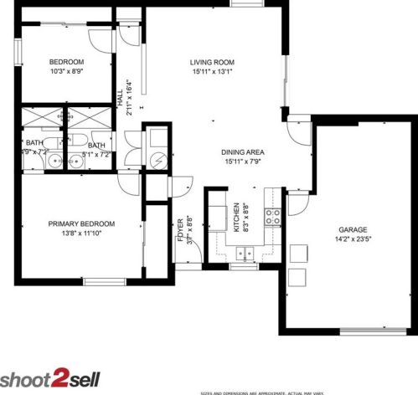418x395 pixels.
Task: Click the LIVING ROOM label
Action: point(211,62)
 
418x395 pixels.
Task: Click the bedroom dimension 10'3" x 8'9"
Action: point(65,71)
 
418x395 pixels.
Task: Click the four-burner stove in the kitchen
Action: point(273,217)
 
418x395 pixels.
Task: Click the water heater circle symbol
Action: point(158,161)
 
